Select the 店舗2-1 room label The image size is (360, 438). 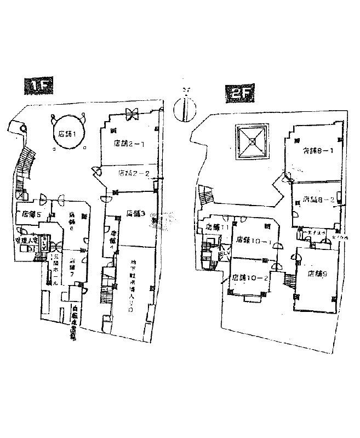(x=129, y=144)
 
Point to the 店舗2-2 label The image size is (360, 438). (x=135, y=173)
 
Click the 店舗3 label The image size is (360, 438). (x=134, y=213)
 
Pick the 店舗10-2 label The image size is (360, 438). (x=250, y=278)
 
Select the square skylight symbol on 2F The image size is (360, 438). (x=252, y=141)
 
